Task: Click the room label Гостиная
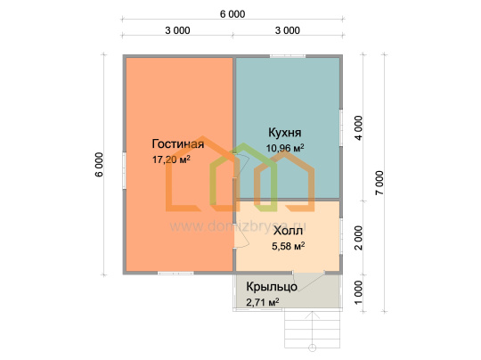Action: click(178, 143)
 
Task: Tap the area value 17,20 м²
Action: click(171, 160)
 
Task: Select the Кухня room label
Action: click(285, 133)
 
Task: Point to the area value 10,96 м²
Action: click(285, 148)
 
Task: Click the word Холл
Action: click(288, 231)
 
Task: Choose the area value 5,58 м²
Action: click(288, 246)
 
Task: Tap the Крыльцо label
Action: click(272, 287)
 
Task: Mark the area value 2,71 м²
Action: click(263, 302)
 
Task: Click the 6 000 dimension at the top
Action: click(232, 14)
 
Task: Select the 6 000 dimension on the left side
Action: click(99, 165)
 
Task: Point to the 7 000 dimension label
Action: click(379, 183)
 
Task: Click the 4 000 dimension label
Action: click(358, 128)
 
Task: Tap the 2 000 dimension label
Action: click(358, 238)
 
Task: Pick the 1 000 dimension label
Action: click(358, 293)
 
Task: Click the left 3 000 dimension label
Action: click(177, 30)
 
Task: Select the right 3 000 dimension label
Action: click(288, 30)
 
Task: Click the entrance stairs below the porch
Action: click(313, 330)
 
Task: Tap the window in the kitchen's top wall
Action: click(288, 56)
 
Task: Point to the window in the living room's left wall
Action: click(124, 170)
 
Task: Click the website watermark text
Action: click(240, 226)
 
